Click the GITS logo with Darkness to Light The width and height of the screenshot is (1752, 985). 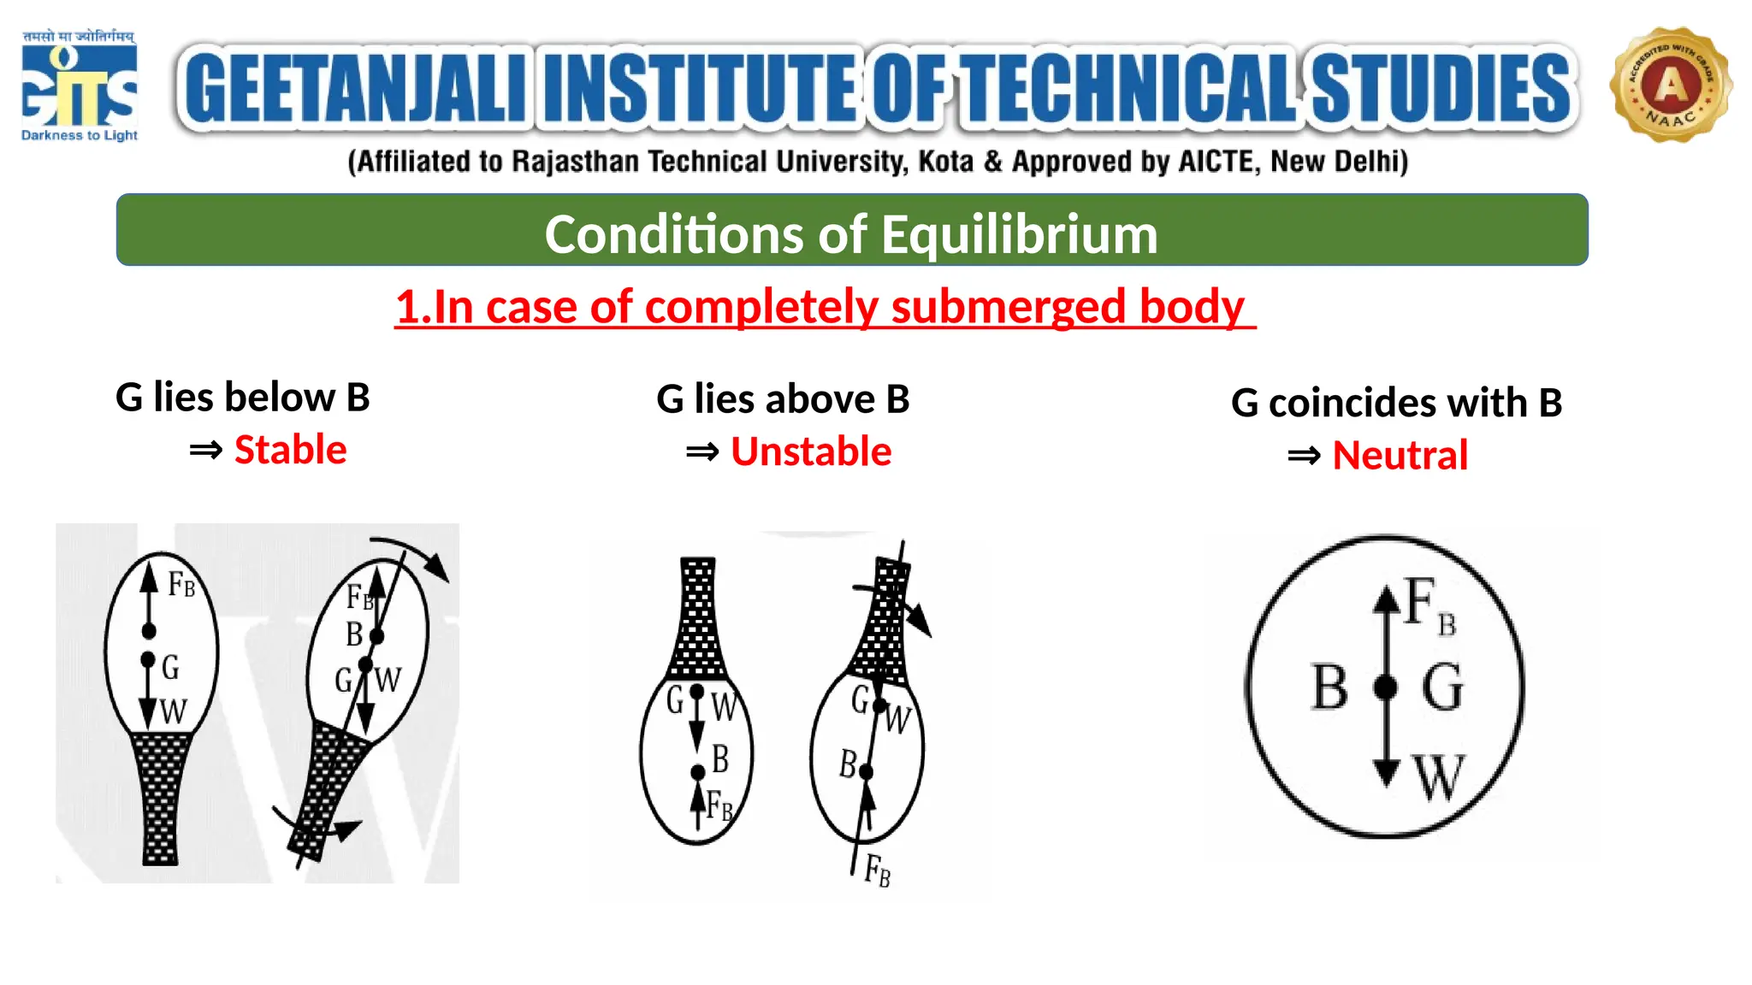click(x=79, y=86)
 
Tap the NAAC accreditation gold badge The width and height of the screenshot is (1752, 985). click(x=1671, y=86)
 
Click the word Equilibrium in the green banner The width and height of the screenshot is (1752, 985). click(x=1019, y=234)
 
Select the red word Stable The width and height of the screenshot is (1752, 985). click(x=290, y=450)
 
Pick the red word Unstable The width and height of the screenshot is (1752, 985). click(x=811, y=451)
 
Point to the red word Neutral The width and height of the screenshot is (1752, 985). click(x=1400, y=455)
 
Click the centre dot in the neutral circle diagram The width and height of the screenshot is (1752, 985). click(x=1386, y=687)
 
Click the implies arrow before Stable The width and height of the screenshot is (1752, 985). click(x=205, y=451)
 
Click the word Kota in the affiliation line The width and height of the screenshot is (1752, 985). click(x=945, y=162)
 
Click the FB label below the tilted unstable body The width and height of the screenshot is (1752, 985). click(x=878, y=871)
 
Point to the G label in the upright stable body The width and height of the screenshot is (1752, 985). click(x=170, y=667)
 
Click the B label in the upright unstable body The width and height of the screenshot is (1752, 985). click(x=720, y=758)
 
